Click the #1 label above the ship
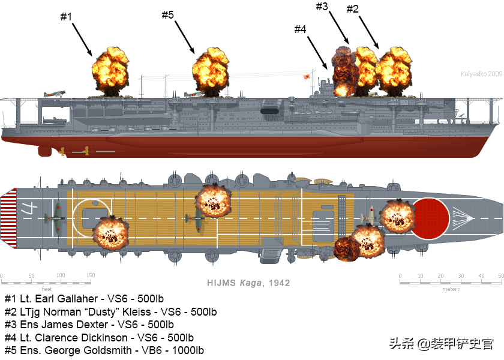66,17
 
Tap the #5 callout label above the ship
168,15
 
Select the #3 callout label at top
322,7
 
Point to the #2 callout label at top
353,8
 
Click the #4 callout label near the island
301,29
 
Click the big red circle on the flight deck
431,217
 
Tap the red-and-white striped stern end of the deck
9,217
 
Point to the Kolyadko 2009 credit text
481,74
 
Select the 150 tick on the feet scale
90,275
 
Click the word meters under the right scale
451,289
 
